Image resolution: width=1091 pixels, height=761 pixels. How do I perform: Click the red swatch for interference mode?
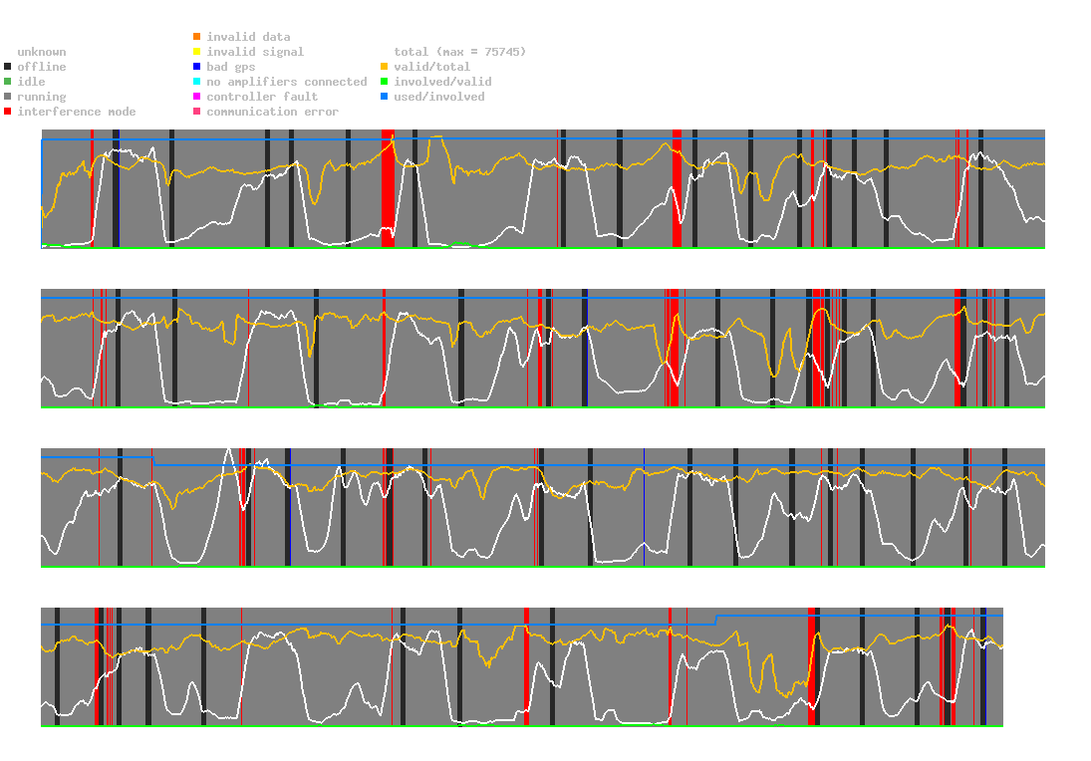point(9,112)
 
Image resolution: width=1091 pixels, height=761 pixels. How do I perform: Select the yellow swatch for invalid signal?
point(196,52)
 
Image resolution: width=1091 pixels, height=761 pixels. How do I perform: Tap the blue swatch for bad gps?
point(196,67)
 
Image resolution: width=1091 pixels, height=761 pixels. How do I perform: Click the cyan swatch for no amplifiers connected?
point(196,82)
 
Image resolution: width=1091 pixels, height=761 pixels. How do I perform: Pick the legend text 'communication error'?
point(272,112)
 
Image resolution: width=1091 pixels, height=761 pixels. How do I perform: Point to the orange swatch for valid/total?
point(384,67)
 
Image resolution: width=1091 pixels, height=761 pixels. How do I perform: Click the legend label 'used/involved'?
point(439,97)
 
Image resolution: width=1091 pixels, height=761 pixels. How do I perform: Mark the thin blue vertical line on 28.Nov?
point(644,508)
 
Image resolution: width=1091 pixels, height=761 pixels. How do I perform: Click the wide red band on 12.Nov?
point(388,189)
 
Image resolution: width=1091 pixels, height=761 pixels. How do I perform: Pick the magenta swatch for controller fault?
point(196,97)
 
